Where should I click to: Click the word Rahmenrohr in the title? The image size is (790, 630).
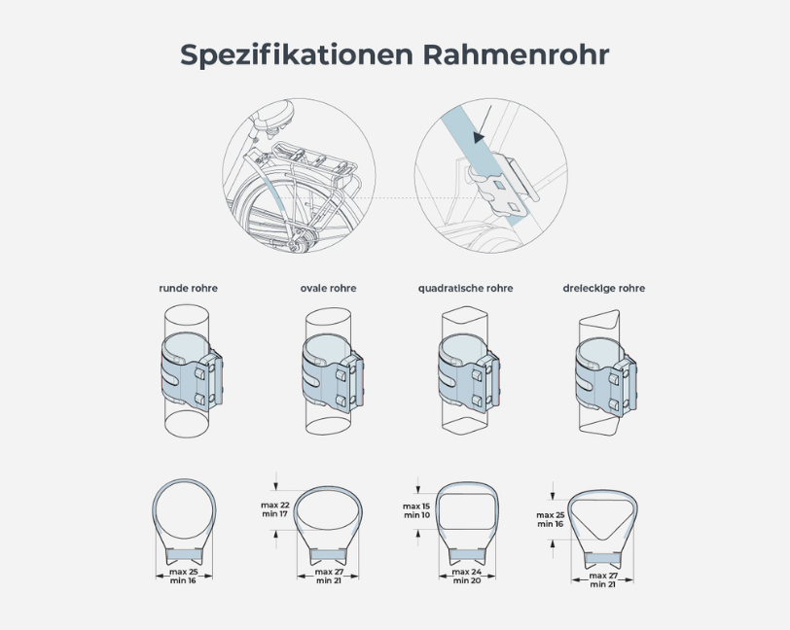(x=516, y=54)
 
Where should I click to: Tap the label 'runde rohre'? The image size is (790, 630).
(x=189, y=288)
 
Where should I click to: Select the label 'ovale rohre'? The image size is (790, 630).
(x=329, y=288)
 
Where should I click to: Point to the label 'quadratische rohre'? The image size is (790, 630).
(x=465, y=288)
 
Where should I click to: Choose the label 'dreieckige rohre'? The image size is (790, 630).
(x=603, y=288)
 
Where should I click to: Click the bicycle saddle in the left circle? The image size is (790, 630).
(x=272, y=114)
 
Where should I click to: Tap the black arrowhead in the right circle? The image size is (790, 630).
(x=480, y=136)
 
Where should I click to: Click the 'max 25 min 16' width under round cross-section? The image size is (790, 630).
(x=183, y=577)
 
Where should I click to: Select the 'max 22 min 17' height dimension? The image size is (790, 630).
(x=275, y=509)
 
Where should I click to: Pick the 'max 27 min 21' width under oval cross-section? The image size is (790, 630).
(x=329, y=577)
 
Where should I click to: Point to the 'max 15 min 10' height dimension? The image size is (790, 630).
(x=416, y=510)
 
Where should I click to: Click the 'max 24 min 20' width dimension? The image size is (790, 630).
(x=467, y=577)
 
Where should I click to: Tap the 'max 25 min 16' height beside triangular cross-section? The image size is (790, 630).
(x=551, y=519)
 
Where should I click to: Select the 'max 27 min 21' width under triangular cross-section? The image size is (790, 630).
(x=603, y=580)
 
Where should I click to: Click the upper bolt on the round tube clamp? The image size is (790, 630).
(x=199, y=373)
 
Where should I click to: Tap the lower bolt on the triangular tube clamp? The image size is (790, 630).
(x=613, y=404)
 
